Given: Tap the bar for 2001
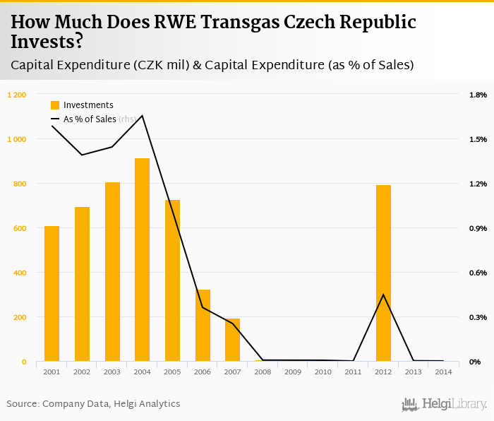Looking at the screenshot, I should [52, 294].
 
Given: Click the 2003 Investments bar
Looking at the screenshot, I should [112, 272].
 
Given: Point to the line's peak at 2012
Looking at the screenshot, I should [383, 295].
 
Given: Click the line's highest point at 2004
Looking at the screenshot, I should [142, 116].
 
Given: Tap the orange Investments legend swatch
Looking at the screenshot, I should [55, 105].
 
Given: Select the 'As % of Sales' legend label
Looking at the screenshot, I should [90, 119].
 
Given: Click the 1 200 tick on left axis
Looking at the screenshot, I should [16, 95].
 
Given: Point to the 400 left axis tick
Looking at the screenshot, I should [19, 273].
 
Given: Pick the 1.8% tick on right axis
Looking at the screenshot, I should [478, 95].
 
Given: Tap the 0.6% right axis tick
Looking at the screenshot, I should [478, 273].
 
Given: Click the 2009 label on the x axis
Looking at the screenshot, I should [293, 372].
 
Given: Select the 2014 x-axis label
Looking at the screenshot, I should [443, 372].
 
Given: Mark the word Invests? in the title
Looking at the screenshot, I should [47, 42].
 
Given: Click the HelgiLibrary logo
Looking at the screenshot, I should [444, 404].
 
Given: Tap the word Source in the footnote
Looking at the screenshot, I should [22, 404].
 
